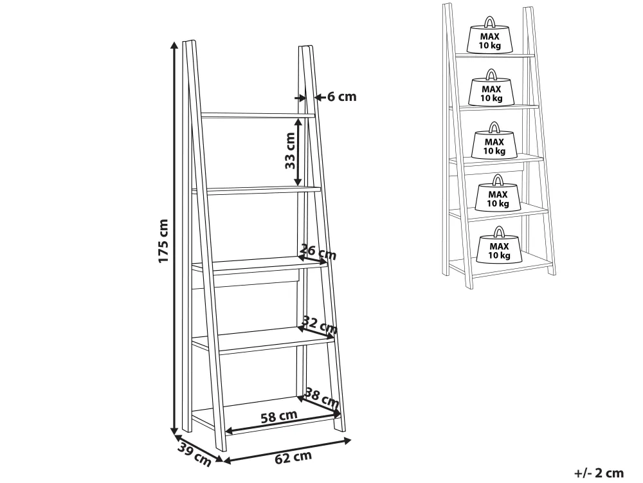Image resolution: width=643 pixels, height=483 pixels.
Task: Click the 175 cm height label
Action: pos(163,241)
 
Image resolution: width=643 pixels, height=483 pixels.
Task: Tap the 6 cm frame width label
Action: pos(342,96)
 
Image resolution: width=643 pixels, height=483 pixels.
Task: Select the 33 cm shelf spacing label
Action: pos(291,150)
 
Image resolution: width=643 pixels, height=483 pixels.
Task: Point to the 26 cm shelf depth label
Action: pos(318,251)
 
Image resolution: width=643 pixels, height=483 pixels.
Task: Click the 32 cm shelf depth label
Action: pos(320,325)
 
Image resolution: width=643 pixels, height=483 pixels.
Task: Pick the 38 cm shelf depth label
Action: pos(322,397)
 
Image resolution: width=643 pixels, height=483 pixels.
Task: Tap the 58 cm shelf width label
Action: pos(279,416)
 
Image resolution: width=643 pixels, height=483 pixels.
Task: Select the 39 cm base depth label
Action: pos(194,454)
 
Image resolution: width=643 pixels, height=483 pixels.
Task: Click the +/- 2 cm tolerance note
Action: pos(599,473)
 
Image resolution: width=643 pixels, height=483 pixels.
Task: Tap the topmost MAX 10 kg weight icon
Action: pos(490,35)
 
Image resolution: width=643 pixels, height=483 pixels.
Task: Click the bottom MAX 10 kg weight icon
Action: pos(499,246)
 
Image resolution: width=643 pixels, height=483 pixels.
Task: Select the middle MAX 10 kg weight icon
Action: pos(494,141)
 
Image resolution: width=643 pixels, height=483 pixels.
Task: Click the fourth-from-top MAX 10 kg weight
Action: pos(498,193)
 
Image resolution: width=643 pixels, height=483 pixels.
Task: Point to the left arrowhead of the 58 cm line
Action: pos(229,430)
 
